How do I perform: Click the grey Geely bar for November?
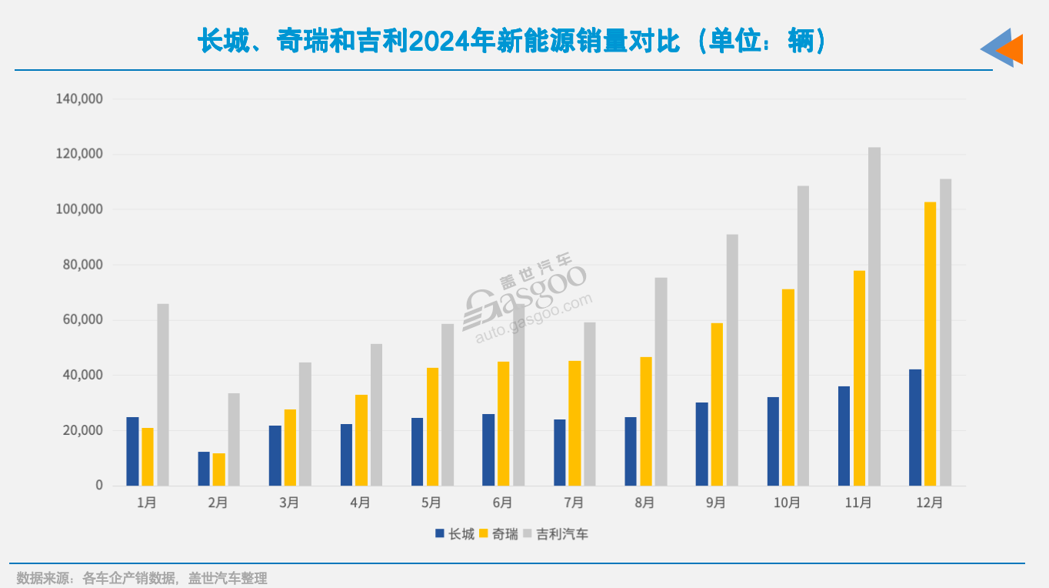point(874,316)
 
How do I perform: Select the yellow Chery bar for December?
point(931,344)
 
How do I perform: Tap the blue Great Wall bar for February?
point(204,469)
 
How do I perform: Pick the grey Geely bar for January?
point(163,395)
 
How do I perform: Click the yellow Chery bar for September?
point(717,404)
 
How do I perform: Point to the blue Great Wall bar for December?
point(915,427)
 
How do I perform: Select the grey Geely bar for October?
point(803,336)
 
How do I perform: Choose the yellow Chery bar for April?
point(361,440)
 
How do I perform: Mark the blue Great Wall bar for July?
point(560,453)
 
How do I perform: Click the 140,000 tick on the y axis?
point(79,99)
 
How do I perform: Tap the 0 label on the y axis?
point(99,486)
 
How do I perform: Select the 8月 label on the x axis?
point(644,503)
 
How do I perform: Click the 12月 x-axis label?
point(930,503)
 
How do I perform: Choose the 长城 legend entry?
point(455,534)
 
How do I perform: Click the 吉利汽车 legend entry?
point(555,534)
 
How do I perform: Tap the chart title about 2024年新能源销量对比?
point(512,42)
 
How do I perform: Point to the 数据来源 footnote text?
point(142,578)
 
